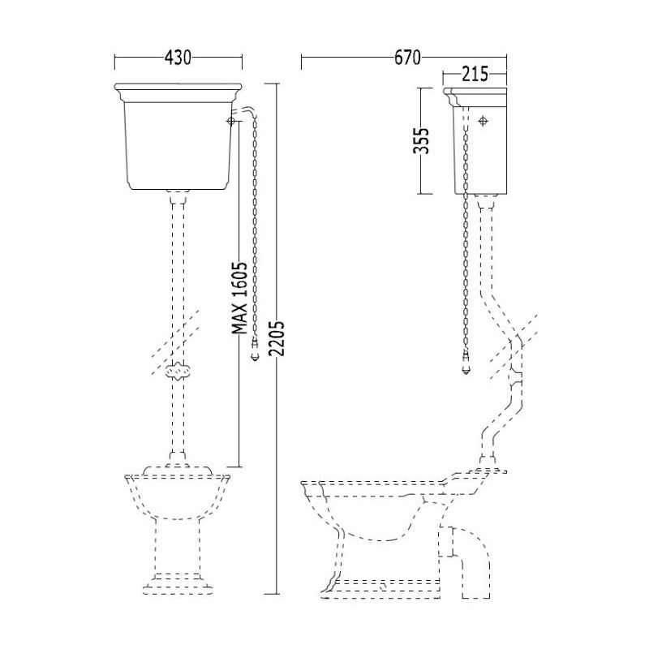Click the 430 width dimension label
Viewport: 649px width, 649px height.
tap(178, 58)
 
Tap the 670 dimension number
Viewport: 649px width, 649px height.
tap(407, 58)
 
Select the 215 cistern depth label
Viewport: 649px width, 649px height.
tap(475, 75)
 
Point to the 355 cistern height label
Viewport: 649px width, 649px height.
tap(421, 140)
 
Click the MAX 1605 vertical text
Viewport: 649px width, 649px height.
tap(239, 298)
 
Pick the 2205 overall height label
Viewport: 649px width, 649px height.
tap(277, 337)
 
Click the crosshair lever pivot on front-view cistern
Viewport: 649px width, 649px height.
tap(231, 121)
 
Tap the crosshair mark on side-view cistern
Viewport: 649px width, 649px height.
tap(483, 121)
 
